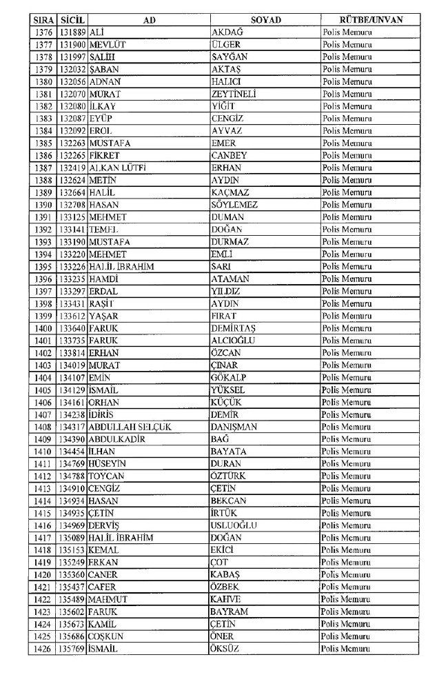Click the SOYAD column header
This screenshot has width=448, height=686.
(x=265, y=20)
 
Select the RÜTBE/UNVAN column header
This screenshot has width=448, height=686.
(x=371, y=20)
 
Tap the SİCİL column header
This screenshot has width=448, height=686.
(x=72, y=20)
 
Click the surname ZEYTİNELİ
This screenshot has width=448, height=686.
(x=234, y=94)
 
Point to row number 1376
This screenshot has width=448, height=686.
(x=43, y=32)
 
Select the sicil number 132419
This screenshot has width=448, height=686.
(x=72, y=168)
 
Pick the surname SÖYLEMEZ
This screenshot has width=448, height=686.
(x=235, y=205)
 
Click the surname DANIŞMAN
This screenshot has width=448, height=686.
(x=234, y=427)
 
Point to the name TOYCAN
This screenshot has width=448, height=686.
(x=107, y=476)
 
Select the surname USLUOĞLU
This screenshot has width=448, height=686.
(x=234, y=525)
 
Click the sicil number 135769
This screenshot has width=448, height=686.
(x=72, y=649)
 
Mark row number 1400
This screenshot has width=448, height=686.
(x=43, y=328)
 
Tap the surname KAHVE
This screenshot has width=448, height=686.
(x=226, y=600)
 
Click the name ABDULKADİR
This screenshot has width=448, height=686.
(x=119, y=439)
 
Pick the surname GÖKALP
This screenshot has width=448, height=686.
(x=229, y=378)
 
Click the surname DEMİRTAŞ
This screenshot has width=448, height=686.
(x=234, y=328)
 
